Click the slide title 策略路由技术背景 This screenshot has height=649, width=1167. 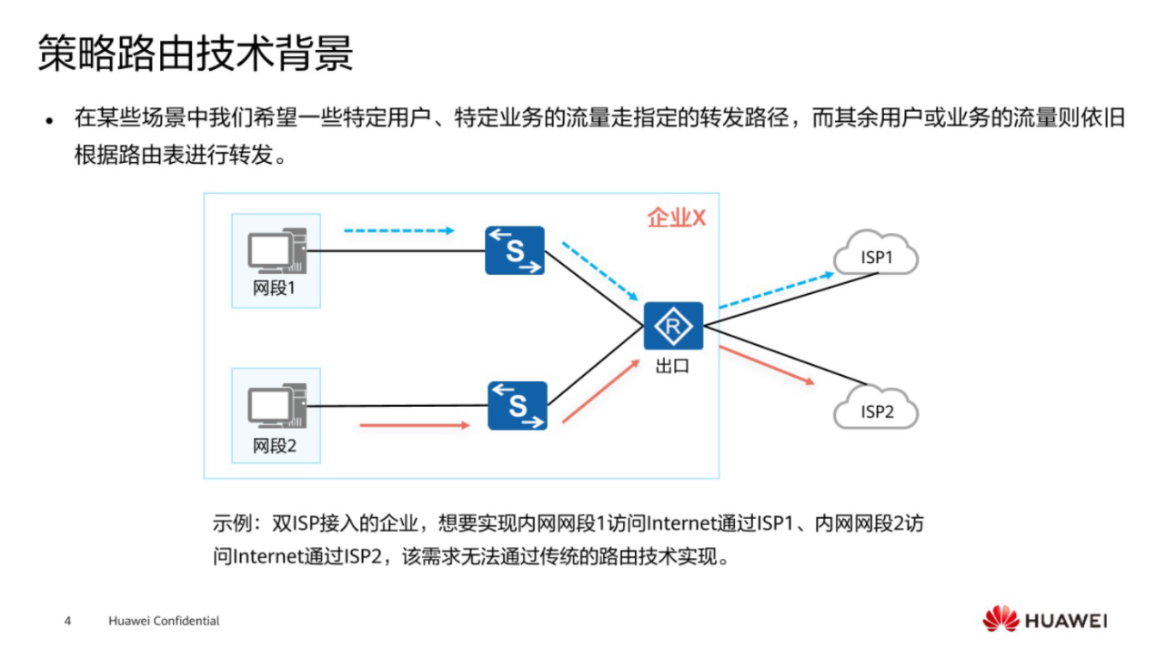pyautogui.click(x=195, y=55)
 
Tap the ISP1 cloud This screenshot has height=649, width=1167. pyautogui.click(x=876, y=257)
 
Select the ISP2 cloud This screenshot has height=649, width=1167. pyautogui.click(x=876, y=411)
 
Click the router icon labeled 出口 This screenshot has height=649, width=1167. pyautogui.click(x=673, y=326)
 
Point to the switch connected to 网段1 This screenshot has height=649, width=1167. pyautogui.click(x=514, y=250)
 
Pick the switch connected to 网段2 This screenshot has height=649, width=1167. pyautogui.click(x=517, y=405)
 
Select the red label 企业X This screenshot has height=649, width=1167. pyautogui.click(x=676, y=218)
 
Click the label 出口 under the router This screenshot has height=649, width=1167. pyautogui.click(x=672, y=368)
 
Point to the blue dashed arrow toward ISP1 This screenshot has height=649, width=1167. pyautogui.click(x=775, y=289)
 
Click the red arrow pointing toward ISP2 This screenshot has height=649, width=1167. pyautogui.click(x=766, y=365)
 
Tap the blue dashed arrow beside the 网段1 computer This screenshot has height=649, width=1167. pyautogui.click(x=398, y=230)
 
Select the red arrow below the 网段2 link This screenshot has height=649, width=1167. pyautogui.click(x=415, y=425)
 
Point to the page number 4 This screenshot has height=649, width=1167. pyautogui.click(x=67, y=621)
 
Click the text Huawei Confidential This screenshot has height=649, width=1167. pyautogui.click(x=164, y=621)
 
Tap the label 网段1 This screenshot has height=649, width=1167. pyautogui.click(x=275, y=290)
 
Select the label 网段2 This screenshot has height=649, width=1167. pyautogui.click(x=275, y=446)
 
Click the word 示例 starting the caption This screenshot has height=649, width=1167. pyautogui.click(x=230, y=525)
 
